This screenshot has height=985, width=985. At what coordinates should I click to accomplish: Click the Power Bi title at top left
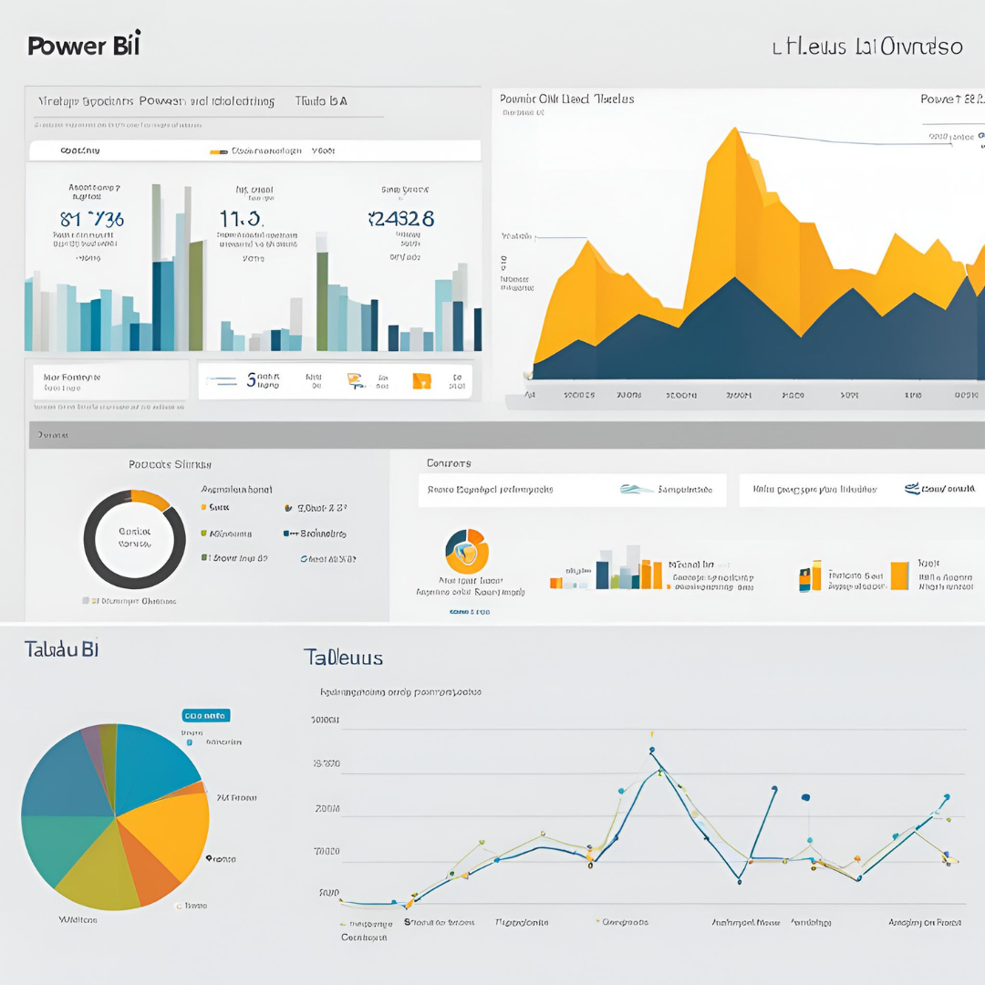pos(84,45)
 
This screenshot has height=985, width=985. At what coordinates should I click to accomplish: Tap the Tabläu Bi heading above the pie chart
pos(61,649)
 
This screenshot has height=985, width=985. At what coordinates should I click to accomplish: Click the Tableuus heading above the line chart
pos(343,658)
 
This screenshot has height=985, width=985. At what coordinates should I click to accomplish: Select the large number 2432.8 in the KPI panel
pos(400,219)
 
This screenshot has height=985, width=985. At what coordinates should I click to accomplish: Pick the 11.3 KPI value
pos(242,219)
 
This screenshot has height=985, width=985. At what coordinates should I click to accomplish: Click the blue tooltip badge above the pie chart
pos(206,716)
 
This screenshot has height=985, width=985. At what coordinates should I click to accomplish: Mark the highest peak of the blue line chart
pos(652,752)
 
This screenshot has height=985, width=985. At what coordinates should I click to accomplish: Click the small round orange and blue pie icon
pos(467,550)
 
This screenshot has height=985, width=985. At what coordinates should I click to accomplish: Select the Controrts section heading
pos(449,463)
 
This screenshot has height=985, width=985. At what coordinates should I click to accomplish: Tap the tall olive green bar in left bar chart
pos(195,296)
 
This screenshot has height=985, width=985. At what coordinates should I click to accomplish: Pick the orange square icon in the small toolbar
pos(421,380)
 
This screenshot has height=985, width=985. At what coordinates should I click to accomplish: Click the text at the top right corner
pos(866,46)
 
